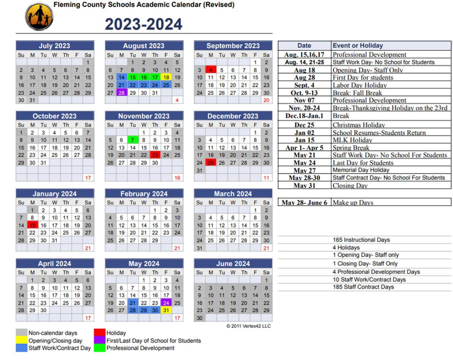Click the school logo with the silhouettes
(x=39, y=17)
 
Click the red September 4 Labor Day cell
(x=211, y=70)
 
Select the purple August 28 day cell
(x=121, y=93)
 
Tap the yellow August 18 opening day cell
(x=166, y=77)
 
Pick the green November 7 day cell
(x=132, y=140)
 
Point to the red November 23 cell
(x=155, y=155)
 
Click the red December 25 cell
(x=211, y=162)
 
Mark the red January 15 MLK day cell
(x=32, y=225)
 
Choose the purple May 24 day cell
(x=166, y=303)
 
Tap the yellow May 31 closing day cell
(x=166, y=310)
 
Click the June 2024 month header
(x=233, y=264)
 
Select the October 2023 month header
(x=55, y=116)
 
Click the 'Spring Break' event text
(x=351, y=148)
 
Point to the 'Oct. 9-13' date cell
(x=304, y=93)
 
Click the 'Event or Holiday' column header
(x=357, y=45)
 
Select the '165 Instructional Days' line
(x=361, y=240)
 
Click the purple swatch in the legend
(x=99, y=341)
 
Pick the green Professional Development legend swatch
(x=99, y=348)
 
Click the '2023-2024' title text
(x=143, y=24)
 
